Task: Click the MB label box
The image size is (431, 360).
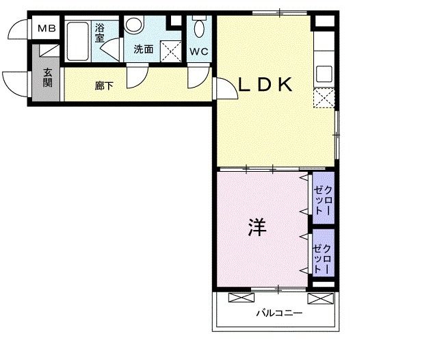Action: coord(47,29)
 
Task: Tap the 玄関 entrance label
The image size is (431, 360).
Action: coord(48,78)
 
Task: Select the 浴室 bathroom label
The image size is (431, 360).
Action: coord(100,33)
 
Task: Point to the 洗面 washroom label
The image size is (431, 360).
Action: coord(143,49)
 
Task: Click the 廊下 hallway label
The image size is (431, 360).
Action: coord(104,86)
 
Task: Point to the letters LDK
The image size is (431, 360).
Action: coord(265,85)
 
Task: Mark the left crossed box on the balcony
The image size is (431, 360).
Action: coord(239,298)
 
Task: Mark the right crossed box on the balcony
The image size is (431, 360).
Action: coord(318,298)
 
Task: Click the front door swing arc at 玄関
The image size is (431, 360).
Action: coord(12,83)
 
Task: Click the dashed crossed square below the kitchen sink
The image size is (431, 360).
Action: coord(324,99)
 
